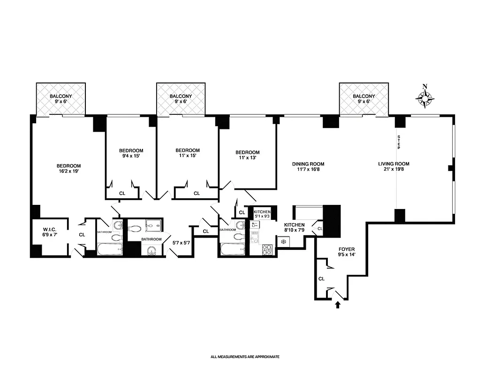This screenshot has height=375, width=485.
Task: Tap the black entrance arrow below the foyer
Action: [x=337, y=306]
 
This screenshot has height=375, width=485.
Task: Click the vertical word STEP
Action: [x=399, y=142]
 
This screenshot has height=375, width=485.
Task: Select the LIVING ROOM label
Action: [x=394, y=164]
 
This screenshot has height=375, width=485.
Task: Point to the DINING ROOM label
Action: [x=308, y=164]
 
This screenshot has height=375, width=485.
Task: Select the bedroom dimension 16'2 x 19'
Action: [x=68, y=172]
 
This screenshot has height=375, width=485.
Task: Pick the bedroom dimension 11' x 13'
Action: [x=247, y=158]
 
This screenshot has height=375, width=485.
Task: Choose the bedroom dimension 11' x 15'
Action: [x=188, y=156]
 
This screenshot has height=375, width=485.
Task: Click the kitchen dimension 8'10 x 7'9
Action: [x=295, y=231]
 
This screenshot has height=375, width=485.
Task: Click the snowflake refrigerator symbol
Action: [x=283, y=242]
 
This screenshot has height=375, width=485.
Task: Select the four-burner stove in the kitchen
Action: [x=267, y=249]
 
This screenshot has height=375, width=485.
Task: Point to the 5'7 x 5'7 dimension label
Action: [x=181, y=243]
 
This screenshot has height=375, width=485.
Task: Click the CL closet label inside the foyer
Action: [x=321, y=278]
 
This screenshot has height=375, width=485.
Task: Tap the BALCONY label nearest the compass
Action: [x=364, y=96]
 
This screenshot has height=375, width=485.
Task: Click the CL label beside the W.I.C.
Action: [x=82, y=234]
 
